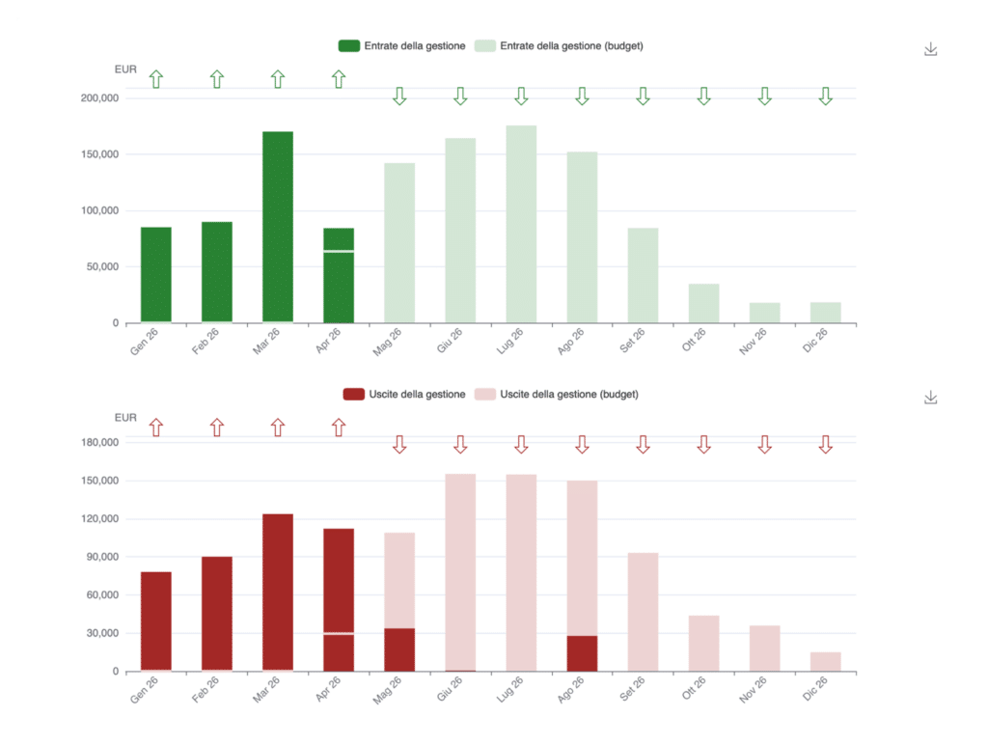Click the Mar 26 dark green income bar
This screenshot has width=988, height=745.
pos(278,227)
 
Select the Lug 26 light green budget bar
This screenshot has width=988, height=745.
pos(521,224)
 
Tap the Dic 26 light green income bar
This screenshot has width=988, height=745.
pos(825,313)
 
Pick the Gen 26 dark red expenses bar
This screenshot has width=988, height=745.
pos(156,621)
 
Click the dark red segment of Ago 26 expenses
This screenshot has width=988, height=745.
pos(582,653)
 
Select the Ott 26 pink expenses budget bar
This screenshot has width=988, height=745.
pos(703,644)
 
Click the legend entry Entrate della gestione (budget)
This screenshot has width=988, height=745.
pos(560,45)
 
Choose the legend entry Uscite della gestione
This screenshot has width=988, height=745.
pos(405,394)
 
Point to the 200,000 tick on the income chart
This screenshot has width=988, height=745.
pos(99,98)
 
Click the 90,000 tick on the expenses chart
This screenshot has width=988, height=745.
pos(101,557)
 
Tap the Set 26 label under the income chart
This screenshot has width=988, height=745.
pos(634,341)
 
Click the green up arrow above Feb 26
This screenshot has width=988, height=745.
pos(217,79)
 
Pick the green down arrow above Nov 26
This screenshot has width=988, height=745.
pos(764,96)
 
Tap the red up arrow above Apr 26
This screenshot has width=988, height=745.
pos(339,427)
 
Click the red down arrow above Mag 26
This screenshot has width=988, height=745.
pos(399,444)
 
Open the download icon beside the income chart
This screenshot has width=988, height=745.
pos(931,49)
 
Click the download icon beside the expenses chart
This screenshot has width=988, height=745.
pos(931,398)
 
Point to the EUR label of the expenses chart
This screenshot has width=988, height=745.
pos(125,418)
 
